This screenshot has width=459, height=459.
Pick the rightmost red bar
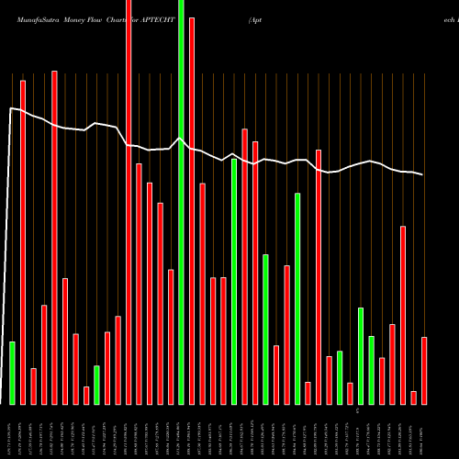click(x=424, y=371)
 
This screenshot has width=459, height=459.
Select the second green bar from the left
click(x=96, y=385)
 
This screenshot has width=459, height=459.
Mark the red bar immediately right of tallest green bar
click(x=192, y=211)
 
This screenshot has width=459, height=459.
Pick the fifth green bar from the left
click(x=265, y=330)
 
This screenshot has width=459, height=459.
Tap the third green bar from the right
click(x=340, y=377)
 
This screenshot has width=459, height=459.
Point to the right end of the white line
click(x=423, y=174)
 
